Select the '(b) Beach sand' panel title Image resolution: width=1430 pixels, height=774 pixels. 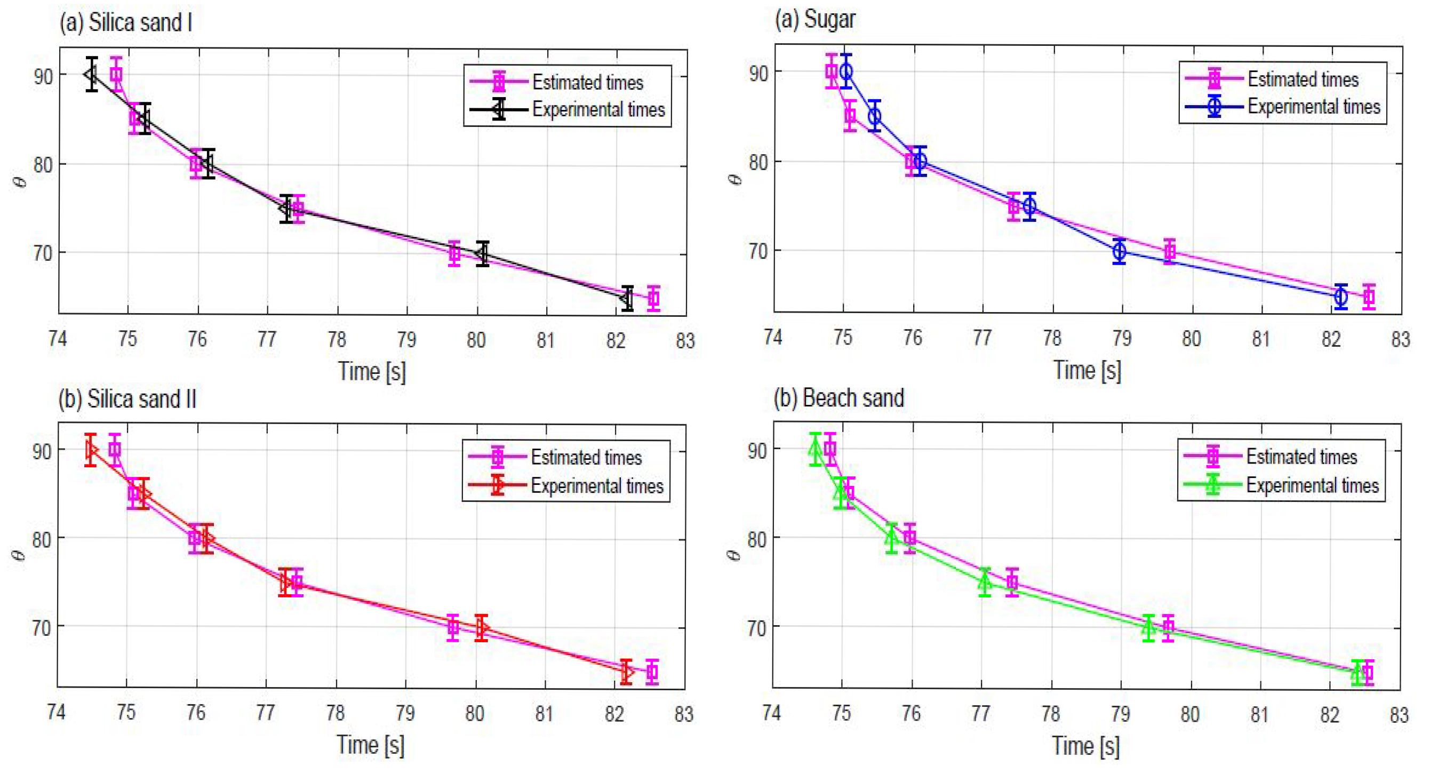[x=838, y=398]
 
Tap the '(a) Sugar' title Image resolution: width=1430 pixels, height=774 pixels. [x=814, y=19]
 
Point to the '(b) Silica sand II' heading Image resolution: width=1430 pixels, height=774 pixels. [x=127, y=399]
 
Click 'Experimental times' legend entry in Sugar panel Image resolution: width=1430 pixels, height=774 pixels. [x=1313, y=107]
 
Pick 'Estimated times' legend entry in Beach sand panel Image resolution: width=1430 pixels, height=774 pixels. [x=1301, y=457]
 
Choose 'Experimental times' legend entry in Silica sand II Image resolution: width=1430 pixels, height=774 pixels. [x=597, y=486]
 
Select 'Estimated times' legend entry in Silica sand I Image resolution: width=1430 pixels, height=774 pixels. [x=587, y=82]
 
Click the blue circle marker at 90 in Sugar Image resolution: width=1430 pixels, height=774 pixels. [x=846, y=71]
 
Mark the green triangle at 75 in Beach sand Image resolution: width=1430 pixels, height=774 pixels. [x=984, y=582]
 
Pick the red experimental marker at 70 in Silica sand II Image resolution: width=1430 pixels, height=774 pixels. [x=481, y=627]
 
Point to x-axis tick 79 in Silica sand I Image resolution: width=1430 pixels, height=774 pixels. [x=406, y=339]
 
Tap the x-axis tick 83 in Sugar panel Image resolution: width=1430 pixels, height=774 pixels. [x=1400, y=338]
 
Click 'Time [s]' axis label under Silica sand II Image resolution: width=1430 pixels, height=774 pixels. [x=370, y=745]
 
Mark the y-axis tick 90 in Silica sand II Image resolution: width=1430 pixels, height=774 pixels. [x=42, y=451]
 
